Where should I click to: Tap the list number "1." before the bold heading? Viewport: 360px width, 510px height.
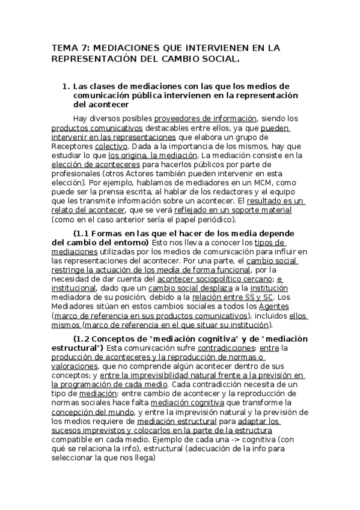tap(67, 86)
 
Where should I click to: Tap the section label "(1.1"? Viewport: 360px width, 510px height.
tap(83, 233)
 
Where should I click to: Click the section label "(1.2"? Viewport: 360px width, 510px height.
tap(83, 339)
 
